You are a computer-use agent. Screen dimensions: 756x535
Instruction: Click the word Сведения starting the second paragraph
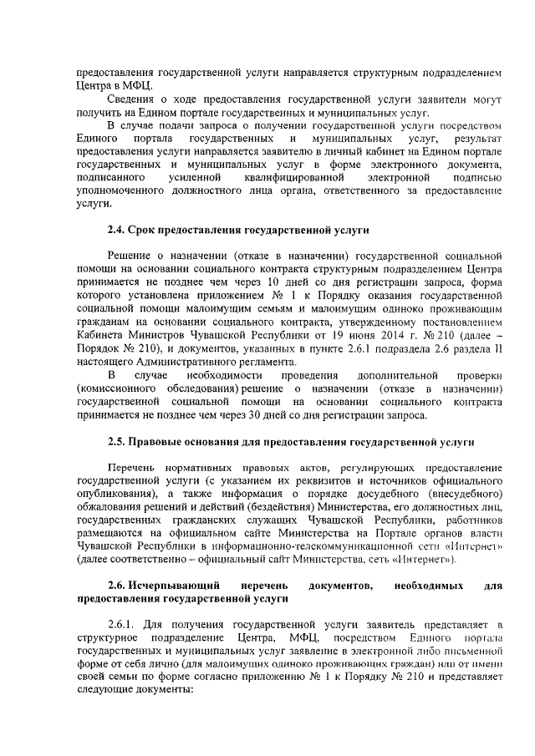click(x=135, y=100)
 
